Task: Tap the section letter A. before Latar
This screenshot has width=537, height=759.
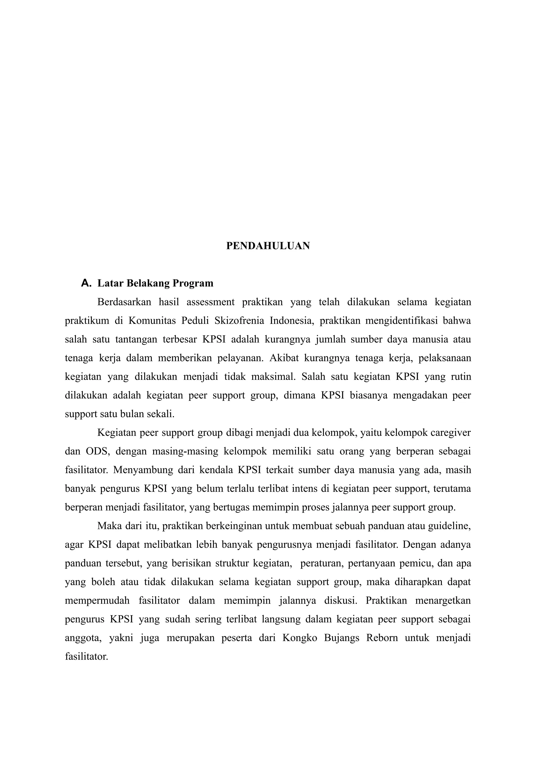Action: (86, 283)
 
